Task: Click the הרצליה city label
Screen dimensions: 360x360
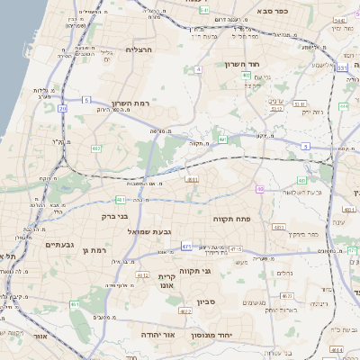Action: tap(139, 49)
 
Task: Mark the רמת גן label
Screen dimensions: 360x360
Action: tap(94, 250)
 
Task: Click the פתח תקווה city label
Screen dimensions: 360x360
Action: tap(231, 219)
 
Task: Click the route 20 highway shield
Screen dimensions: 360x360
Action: tap(63, 108)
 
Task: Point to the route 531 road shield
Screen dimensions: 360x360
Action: tap(342, 67)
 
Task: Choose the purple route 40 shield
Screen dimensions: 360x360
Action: tap(259, 189)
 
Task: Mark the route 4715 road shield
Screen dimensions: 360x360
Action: tap(234, 249)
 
